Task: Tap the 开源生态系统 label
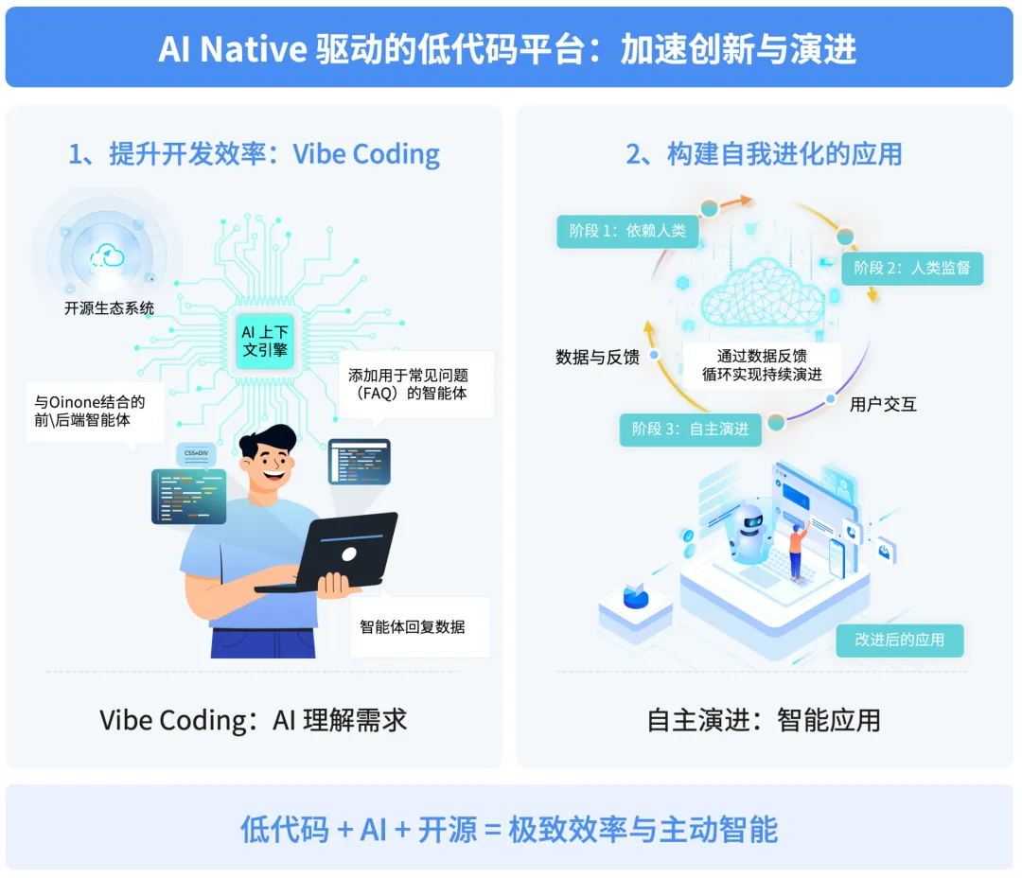109,307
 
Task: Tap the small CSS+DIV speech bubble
196,454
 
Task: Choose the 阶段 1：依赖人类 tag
626,230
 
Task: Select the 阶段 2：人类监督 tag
912,268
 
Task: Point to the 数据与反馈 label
597,357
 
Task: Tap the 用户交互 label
883,405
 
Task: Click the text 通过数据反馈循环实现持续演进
762,364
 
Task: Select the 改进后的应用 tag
899,640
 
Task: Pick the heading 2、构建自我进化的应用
764,154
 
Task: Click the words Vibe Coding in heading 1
366,154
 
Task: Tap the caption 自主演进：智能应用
763,720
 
